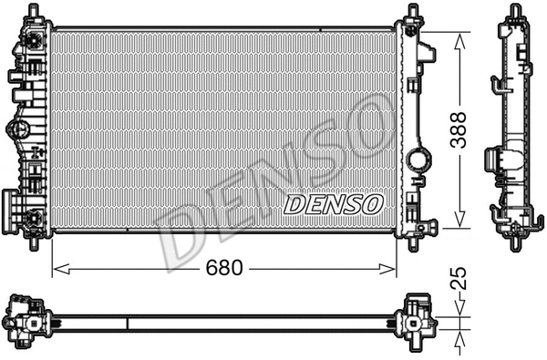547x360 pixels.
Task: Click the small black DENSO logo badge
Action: click(x=333, y=204)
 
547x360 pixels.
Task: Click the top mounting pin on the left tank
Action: click(x=35, y=11)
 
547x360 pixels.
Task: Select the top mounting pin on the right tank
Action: click(x=412, y=11)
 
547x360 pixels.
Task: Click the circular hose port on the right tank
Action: click(x=418, y=160)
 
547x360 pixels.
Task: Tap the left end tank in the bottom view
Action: click(x=27, y=321)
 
